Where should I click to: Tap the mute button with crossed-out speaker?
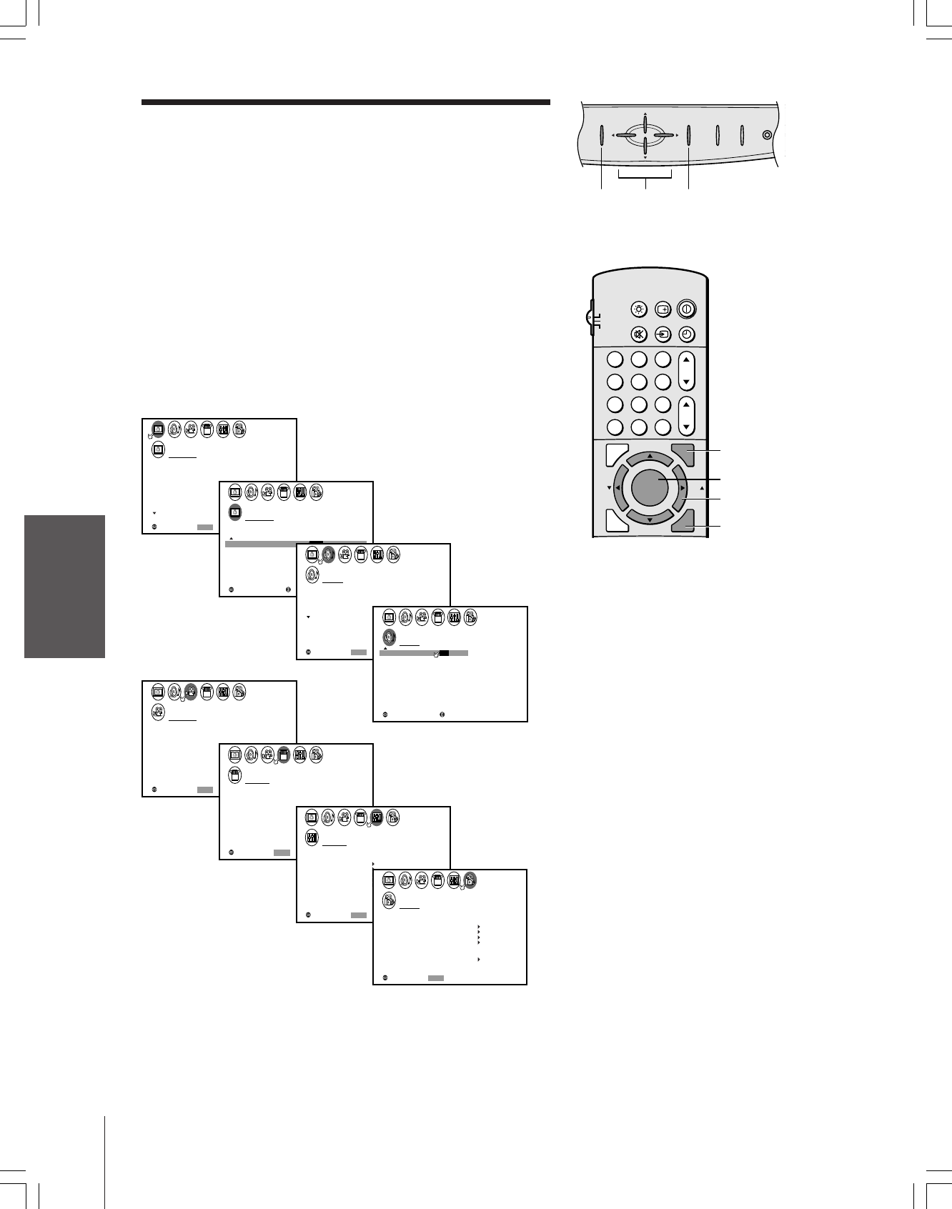click(x=639, y=334)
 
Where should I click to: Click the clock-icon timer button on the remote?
click(x=687, y=334)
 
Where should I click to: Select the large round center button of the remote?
click(x=649, y=488)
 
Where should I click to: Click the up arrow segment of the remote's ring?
click(x=649, y=457)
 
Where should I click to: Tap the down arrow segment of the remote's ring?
click(x=649, y=519)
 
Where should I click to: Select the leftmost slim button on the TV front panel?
click(x=601, y=135)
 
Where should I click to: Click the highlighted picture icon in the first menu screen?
click(x=159, y=429)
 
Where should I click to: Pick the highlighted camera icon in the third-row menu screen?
click(x=191, y=692)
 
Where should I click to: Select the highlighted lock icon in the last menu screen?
click(x=470, y=880)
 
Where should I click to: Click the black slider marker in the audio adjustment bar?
click(x=444, y=653)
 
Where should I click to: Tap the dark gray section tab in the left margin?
click(x=64, y=587)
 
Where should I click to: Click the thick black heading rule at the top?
click(x=345, y=102)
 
